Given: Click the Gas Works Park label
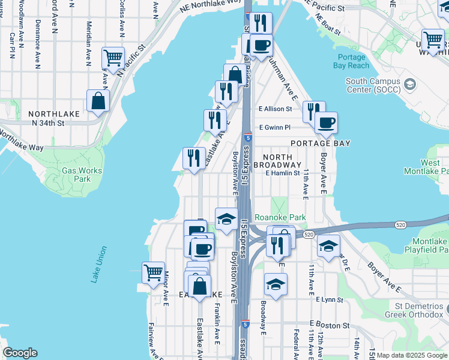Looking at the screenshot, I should (x=76, y=174).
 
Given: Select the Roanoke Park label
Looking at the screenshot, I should (x=280, y=217).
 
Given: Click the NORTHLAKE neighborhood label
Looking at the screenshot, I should (x=50, y=113).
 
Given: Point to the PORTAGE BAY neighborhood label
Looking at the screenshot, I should (x=321, y=143).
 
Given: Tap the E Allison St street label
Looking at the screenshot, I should (x=275, y=109).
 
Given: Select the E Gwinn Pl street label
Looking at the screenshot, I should (x=274, y=127).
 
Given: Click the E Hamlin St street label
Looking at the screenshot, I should (x=282, y=173).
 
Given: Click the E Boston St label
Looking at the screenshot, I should (x=329, y=325).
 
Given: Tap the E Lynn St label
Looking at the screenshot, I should (x=329, y=299).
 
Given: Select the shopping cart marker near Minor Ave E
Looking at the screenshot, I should (x=153, y=272).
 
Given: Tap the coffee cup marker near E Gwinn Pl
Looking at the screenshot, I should (x=326, y=123).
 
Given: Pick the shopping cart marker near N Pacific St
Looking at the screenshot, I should (x=113, y=58).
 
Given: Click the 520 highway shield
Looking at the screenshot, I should (x=309, y=234).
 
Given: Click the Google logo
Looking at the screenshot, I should (x=20, y=353).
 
